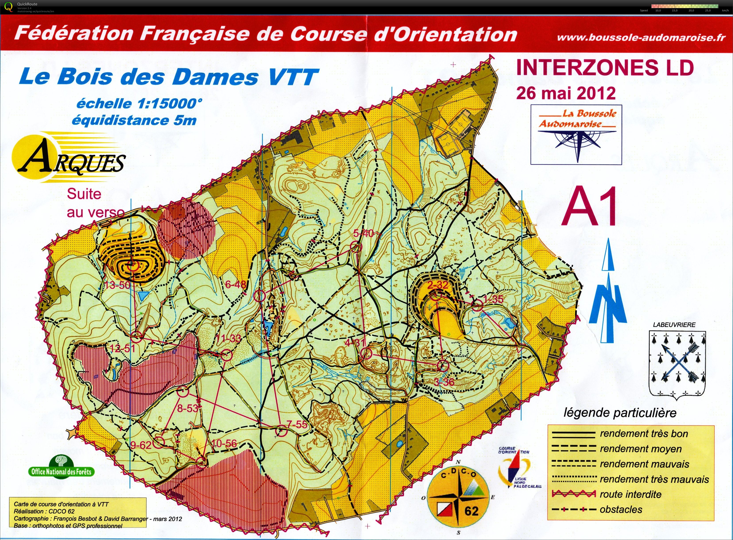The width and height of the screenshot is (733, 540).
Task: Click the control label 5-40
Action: click(363, 233)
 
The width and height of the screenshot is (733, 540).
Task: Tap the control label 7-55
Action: click(297, 424)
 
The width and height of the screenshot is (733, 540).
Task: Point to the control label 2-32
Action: click(438, 285)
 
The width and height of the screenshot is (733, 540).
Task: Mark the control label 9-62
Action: click(141, 445)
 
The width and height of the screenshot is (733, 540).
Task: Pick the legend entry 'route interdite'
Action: click(630, 494)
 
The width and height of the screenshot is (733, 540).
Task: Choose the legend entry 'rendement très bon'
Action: click(644, 434)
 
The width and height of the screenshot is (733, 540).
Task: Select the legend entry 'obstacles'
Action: click(621, 509)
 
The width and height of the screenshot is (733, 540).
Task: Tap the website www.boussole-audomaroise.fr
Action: click(641, 38)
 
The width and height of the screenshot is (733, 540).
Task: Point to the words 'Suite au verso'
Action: click(95, 203)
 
